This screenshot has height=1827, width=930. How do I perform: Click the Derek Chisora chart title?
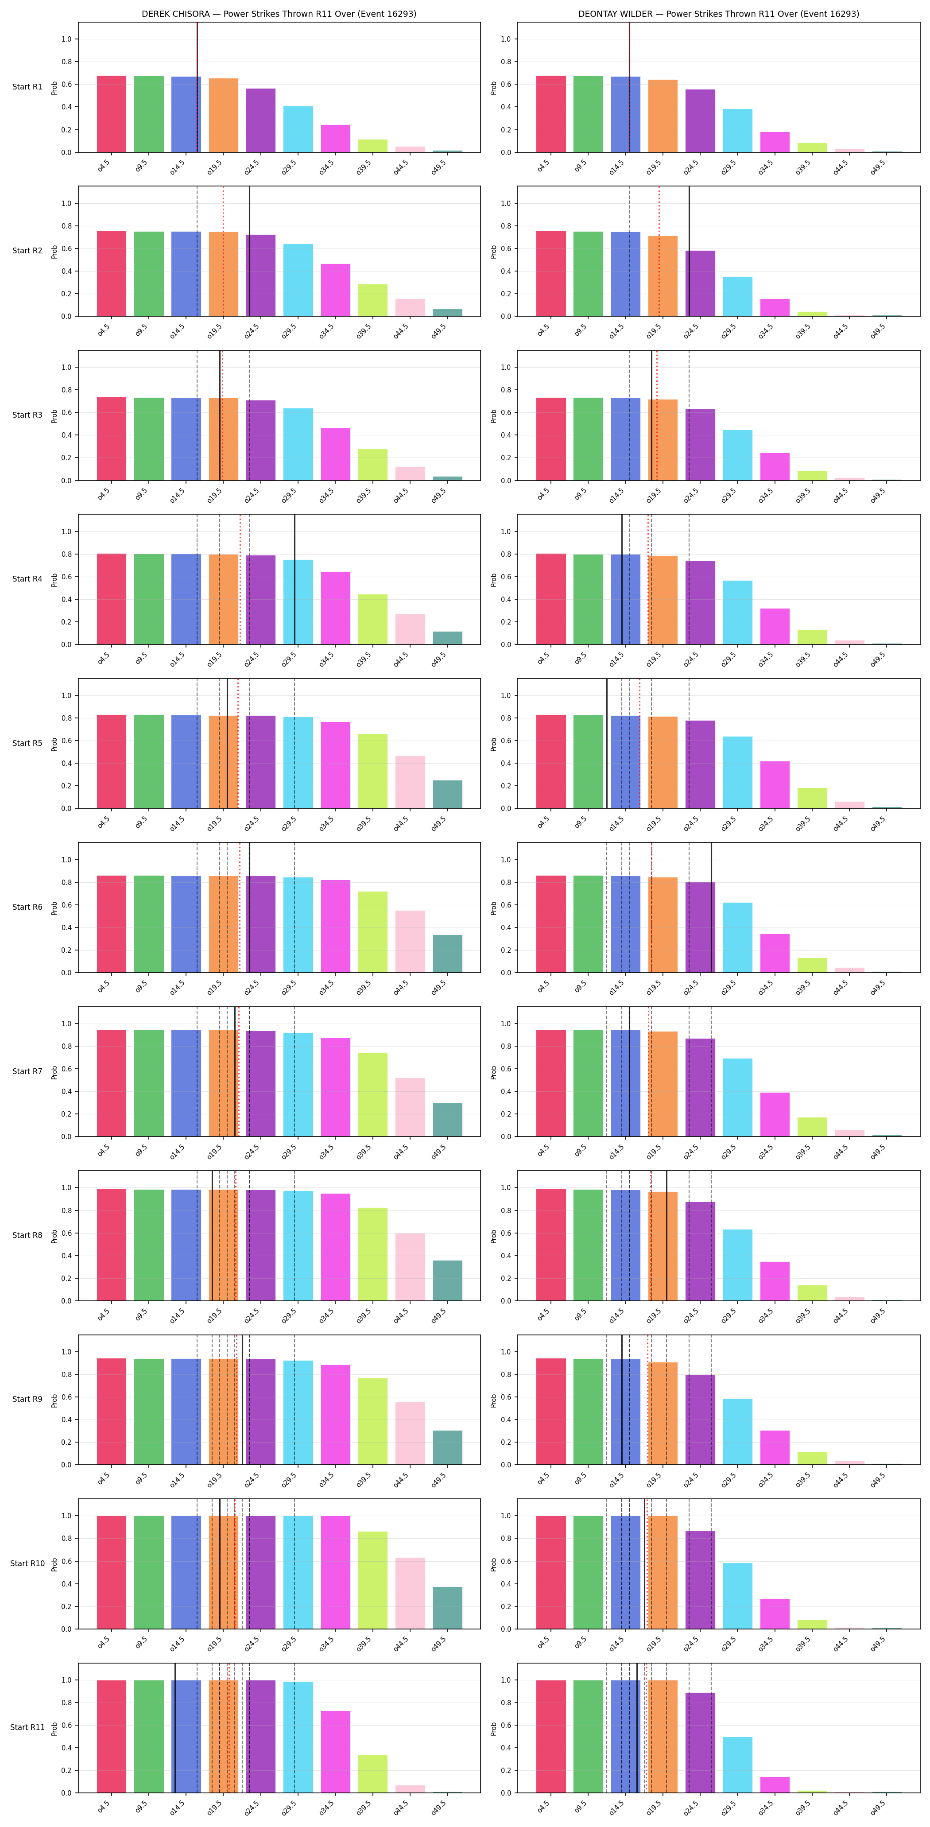click(279, 13)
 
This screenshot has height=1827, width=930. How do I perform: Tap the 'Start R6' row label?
click(27, 907)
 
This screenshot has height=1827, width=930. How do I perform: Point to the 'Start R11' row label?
click(27, 1727)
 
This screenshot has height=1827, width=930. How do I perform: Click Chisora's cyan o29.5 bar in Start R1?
click(298, 129)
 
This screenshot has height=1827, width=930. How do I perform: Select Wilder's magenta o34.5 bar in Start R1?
click(775, 142)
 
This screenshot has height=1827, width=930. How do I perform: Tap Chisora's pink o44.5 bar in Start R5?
click(410, 782)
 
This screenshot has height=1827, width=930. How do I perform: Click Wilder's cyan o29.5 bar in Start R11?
click(738, 1765)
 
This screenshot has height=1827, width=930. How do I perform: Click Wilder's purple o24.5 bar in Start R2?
click(700, 284)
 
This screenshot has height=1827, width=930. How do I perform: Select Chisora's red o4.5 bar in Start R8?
click(111, 1245)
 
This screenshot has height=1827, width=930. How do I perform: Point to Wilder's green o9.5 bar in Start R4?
click(588, 599)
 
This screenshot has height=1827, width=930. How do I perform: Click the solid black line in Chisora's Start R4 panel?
click(294, 579)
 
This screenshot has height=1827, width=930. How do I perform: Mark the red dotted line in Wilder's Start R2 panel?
click(659, 251)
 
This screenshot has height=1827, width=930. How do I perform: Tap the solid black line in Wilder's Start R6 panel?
click(712, 908)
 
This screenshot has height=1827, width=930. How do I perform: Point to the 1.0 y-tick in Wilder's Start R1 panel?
click(505, 39)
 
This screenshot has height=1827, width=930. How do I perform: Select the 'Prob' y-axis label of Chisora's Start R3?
click(54, 415)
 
